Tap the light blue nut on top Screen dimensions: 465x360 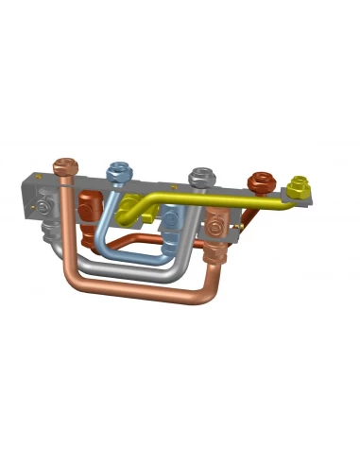(x=118, y=172)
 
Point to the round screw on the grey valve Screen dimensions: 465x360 (x=43, y=207)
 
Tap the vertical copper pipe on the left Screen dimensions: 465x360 (x=66, y=227)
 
